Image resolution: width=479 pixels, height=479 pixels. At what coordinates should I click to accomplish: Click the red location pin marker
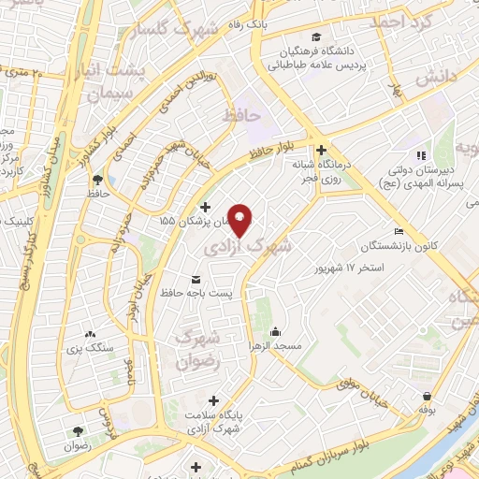pos(240,219)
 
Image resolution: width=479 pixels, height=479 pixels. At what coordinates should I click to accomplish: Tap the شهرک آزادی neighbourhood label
pos(258,246)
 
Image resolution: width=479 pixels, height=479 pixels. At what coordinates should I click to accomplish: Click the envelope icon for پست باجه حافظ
pos(195,280)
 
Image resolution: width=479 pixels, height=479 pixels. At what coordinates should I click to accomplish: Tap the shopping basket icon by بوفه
pos(427,396)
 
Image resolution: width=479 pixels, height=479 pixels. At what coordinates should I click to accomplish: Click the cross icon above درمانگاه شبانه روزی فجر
pos(321,150)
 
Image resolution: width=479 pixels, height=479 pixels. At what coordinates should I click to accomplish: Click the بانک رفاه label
pos(233,24)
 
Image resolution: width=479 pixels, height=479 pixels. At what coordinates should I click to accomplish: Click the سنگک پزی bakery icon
pos(90,334)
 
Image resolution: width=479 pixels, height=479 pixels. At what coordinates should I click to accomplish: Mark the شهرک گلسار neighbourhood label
pos(187,32)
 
